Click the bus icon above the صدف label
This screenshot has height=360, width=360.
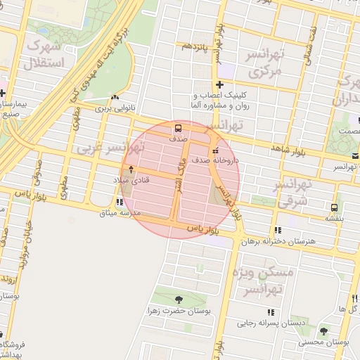tap(177, 129)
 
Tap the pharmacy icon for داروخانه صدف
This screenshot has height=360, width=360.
tap(215, 150)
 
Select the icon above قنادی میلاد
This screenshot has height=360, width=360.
tap(130, 169)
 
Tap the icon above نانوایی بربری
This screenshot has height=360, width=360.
tap(114, 98)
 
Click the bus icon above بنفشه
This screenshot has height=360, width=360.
tap(334, 207)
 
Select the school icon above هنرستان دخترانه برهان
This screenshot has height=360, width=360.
tap(278, 230)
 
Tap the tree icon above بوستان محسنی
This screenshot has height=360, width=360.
tap(323, 331)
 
